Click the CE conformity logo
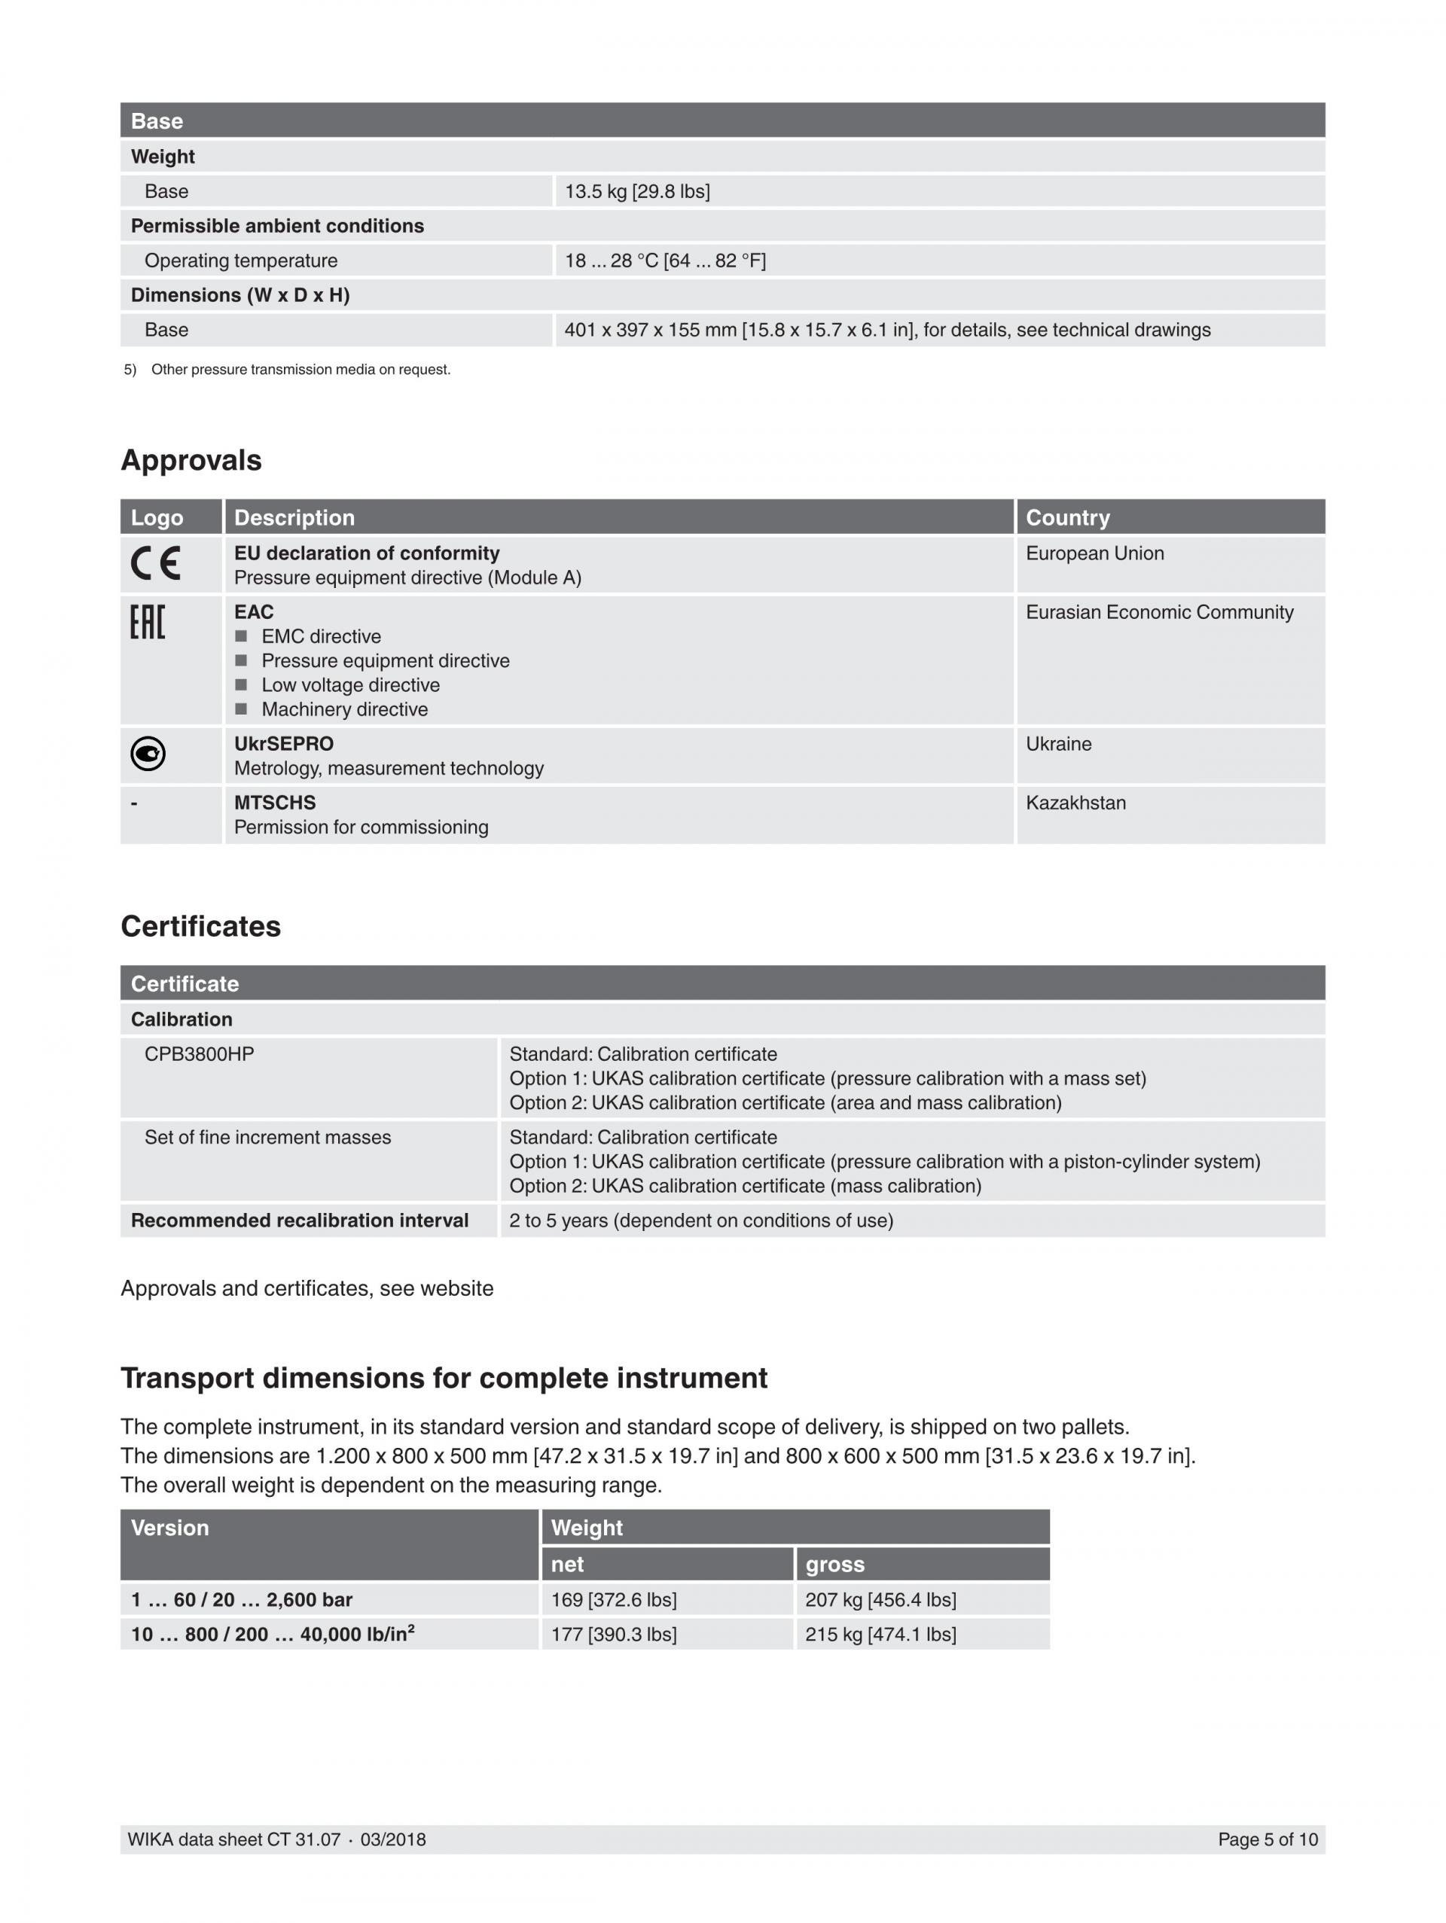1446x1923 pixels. pyautogui.click(x=156, y=563)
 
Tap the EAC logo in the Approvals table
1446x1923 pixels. pyautogui.click(x=147, y=623)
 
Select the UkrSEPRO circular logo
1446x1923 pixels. pyautogui.click(x=148, y=753)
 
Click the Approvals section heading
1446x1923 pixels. pyautogui.click(x=191, y=460)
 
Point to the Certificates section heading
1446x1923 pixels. pyautogui.click(x=200, y=926)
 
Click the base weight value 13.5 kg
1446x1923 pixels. pyautogui.click(x=636, y=191)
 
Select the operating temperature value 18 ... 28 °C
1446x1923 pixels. pyautogui.click(x=664, y=261)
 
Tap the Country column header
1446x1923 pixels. pyautogui.click(x=1067, y=517)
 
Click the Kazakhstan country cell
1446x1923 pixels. pyautogui.click(x=1075, y=803)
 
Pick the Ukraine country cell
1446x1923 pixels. pyautogui.click(x=1058, y=744)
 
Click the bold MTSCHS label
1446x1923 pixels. pyautogui.click(x=275, y=803)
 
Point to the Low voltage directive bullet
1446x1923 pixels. pyautogui.click(x=349, y=685)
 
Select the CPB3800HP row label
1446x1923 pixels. pyautogui.click(x=199, y=1053)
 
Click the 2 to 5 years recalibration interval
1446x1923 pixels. pyautogui.click(x=701, y=1221)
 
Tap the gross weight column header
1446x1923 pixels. pyautogui.click(x=834, y=1564)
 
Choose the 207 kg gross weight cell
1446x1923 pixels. pyautogui.click(x=880, y=1599)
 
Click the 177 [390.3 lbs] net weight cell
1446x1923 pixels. pyautogui.click(x=613, y=1635)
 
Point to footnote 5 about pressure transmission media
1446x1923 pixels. pyautogui.click(x=300, y=370)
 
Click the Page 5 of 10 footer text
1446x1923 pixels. pyautogui.click(x=1267, y=1839)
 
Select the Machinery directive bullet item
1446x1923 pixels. pyautogui.click(x=344, y=709)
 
